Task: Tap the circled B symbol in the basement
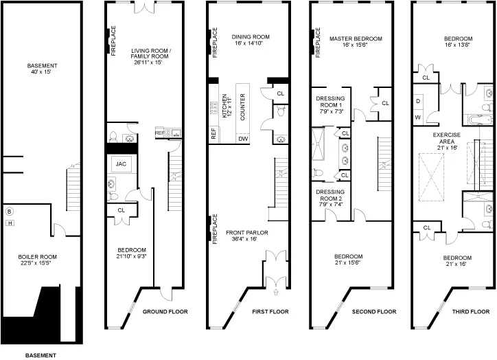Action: click(10, 211)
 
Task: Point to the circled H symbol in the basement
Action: click(10, 221)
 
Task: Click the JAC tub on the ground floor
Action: click(122, 164)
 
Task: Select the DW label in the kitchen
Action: click(243, 138)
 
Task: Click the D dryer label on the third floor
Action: click(418, 100)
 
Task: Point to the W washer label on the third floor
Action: click(418, 117)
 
